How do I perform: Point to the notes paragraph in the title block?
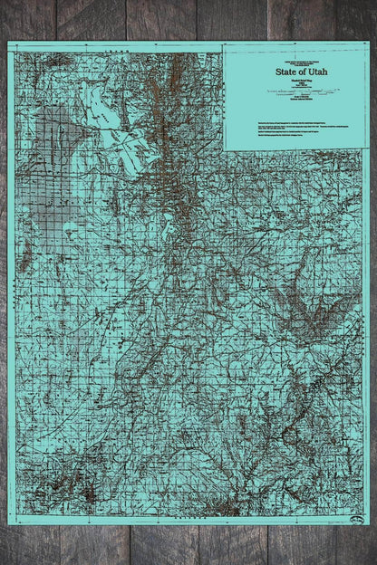[x=295, y=127]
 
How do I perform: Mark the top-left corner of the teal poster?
[x=8, y=42]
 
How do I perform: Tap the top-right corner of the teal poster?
[x=369, y=42]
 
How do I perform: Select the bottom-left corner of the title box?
[x=224, y=149]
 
